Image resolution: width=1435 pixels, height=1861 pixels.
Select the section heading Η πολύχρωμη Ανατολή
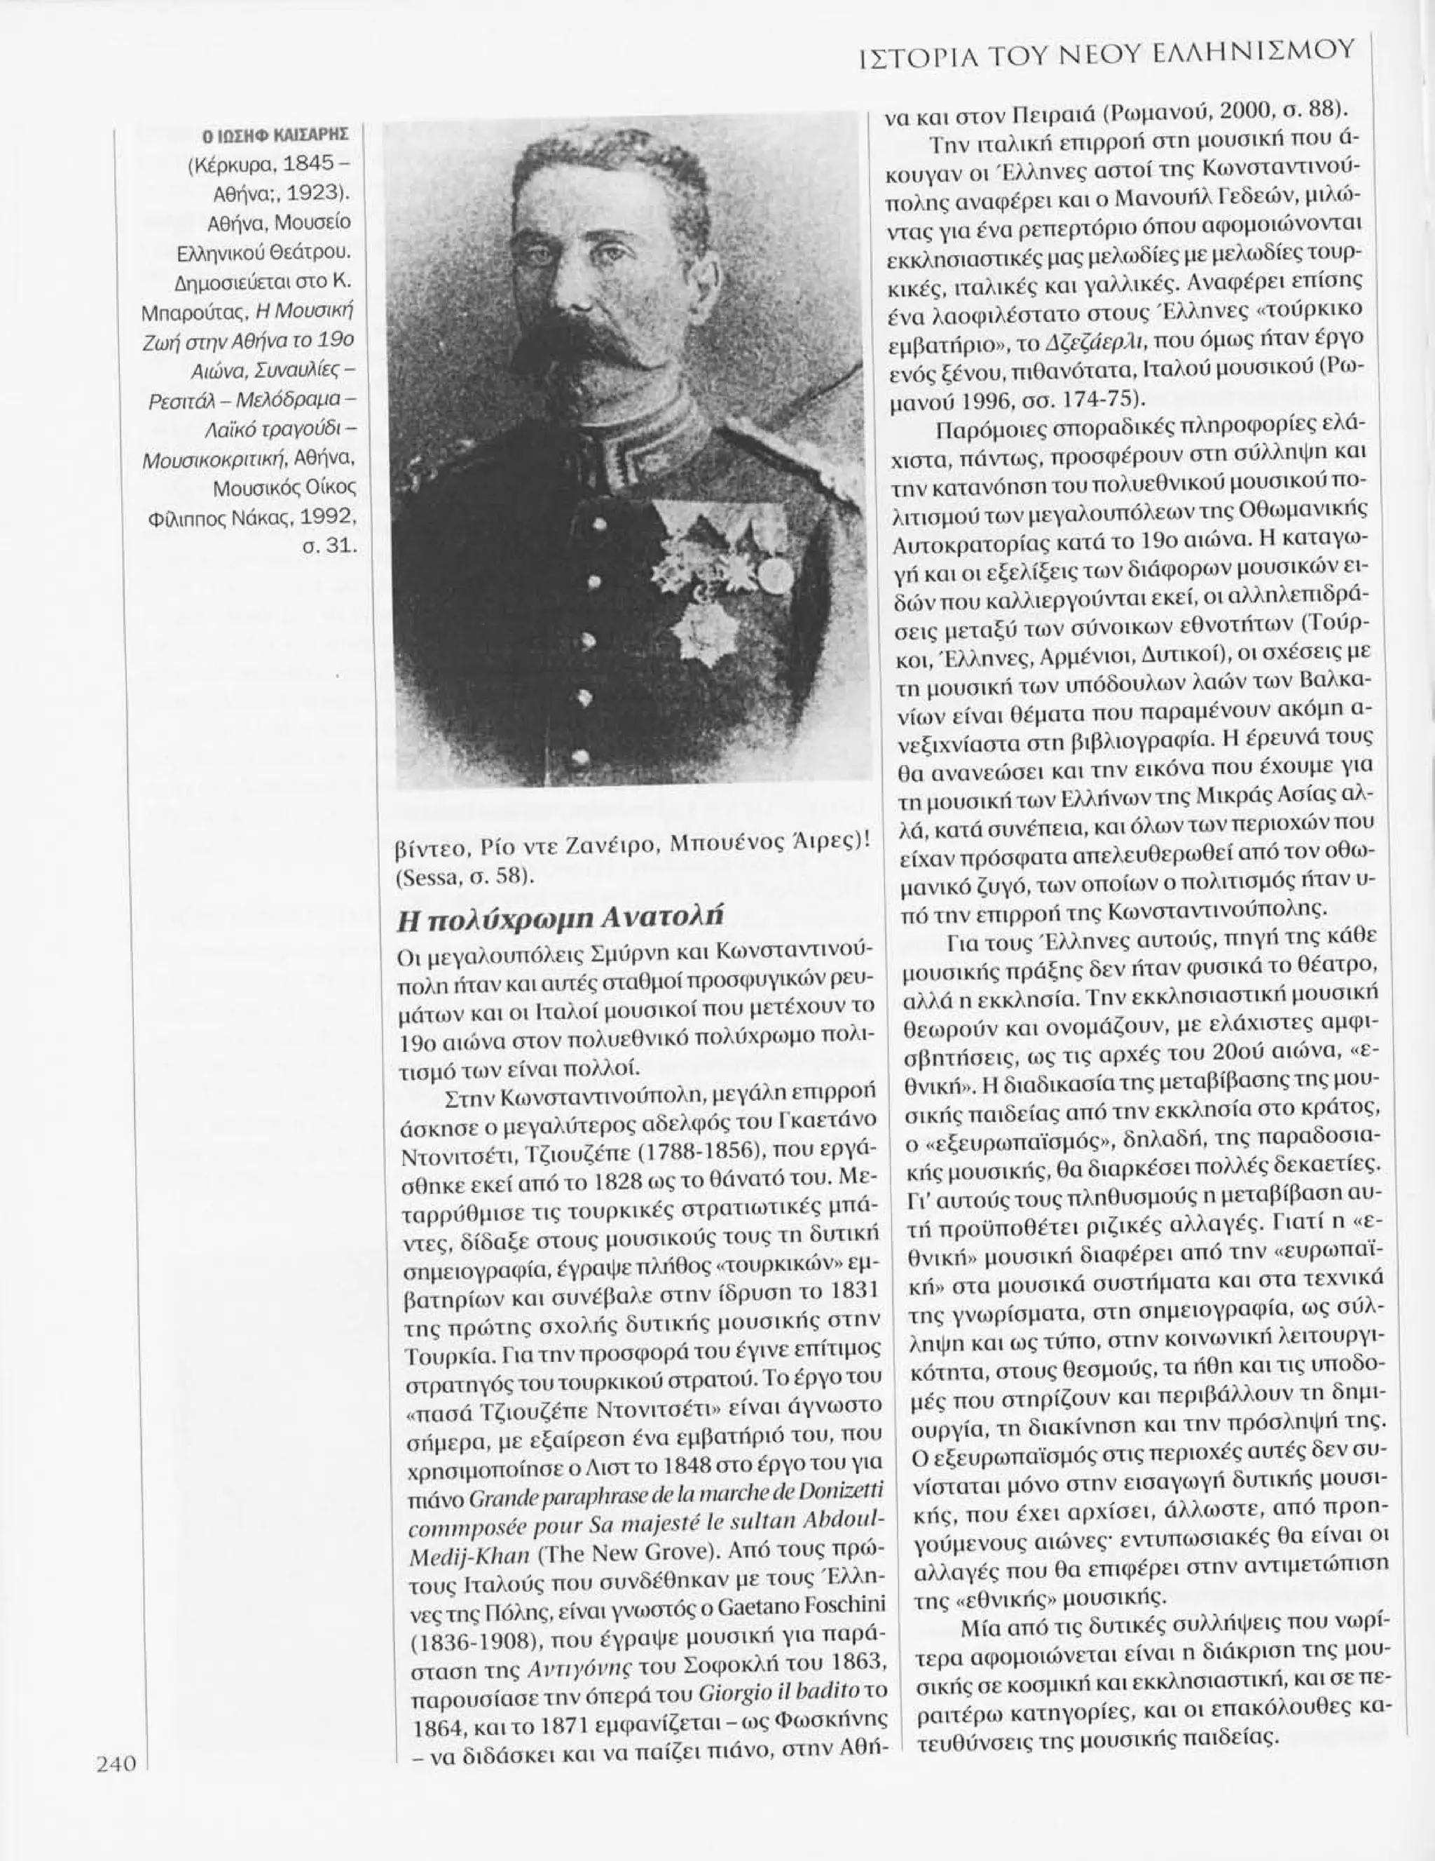561,918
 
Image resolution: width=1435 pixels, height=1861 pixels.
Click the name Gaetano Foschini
790,1604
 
